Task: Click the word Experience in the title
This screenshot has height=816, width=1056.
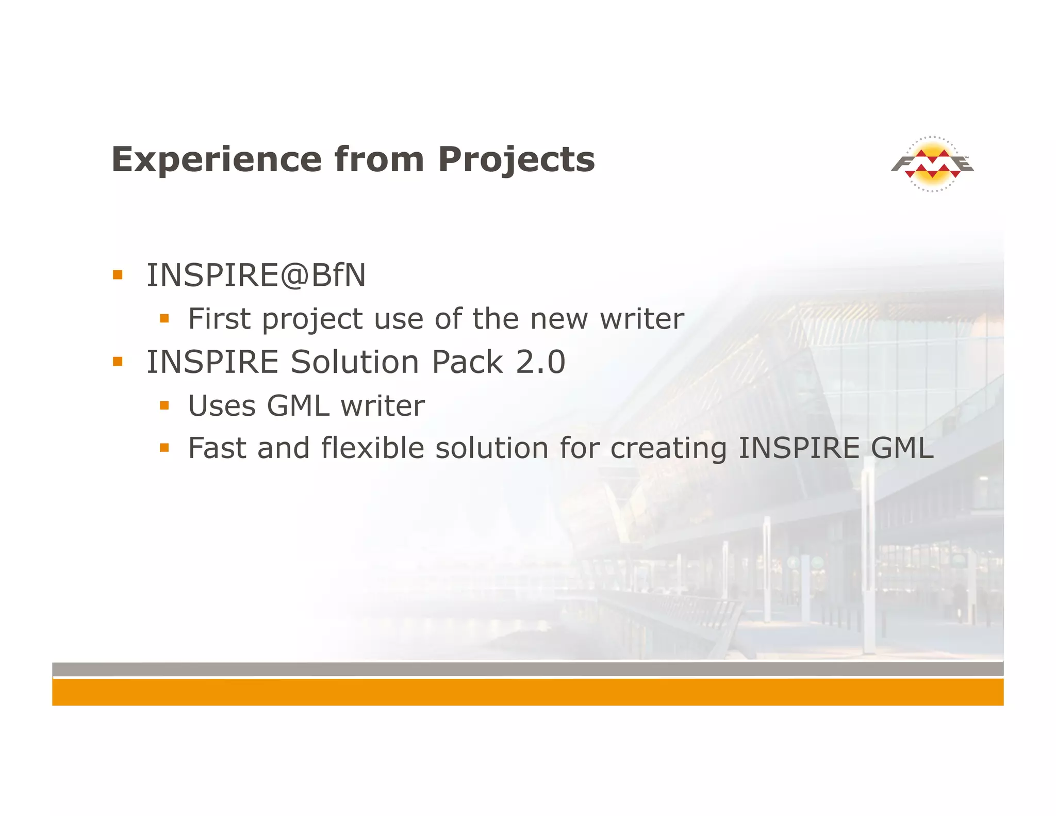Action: pos(216,159)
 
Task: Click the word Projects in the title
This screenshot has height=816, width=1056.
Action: pos(516,159)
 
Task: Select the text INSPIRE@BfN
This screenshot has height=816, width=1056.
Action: pos(256,275)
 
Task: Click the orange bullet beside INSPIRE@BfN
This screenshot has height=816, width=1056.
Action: pos(118,274)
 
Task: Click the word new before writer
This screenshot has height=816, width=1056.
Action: pos(559,319)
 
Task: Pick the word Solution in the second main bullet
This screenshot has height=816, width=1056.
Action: pos(355,362)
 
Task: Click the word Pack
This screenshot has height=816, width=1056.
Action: pos(467,362)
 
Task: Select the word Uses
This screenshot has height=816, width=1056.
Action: pos(222,406)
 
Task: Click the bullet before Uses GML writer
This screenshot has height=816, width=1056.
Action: pos(164,406)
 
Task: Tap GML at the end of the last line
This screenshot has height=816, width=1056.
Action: pos(902,448)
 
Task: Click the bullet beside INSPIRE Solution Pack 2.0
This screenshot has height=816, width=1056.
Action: pos(118,362)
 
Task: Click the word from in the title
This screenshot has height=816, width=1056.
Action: pos(379,159)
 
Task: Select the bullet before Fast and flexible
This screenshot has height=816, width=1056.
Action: pos(164,448)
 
